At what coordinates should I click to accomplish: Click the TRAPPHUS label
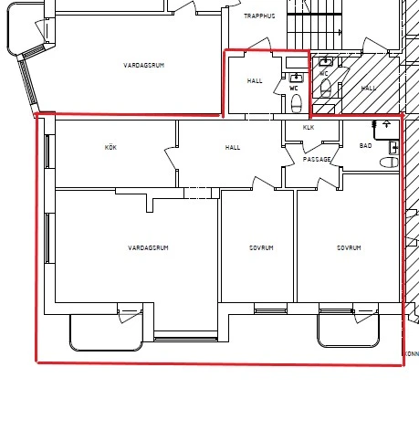(259, 16)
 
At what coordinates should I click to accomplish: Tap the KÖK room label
(110, 147)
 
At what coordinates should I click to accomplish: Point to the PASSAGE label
(317, 159)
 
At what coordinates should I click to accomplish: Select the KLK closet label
(309, 128)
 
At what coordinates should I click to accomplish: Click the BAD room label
(365, 146)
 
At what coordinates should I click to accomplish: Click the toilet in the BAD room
(389, 163)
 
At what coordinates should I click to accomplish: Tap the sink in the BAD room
(393, 148)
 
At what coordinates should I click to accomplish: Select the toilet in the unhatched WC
(296, 103)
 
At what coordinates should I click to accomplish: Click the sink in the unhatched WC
(296, 78)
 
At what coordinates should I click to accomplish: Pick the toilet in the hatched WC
(326, 88)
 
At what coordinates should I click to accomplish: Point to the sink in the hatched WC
(326, 62)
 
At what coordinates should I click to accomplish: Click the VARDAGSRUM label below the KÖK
(148, 247)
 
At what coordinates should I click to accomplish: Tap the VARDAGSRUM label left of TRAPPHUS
(144, 65)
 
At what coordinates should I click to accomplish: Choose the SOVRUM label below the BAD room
(349, 247)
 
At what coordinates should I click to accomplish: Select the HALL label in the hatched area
(368, 89)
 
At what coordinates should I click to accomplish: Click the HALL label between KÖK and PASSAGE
(233, 148)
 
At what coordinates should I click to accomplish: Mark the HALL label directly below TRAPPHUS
(255, 81)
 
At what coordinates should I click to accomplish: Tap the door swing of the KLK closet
(311, 147)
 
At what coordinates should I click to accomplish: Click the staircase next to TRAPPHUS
(315, 25)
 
